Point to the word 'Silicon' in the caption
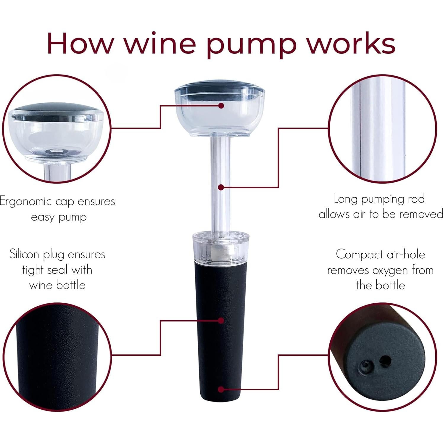pyautogui.click(x=24, y=254)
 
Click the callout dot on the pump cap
pyautogui.click(x=221, y=106)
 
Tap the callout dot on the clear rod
pyautogui.click(x=221, y=187)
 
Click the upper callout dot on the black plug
pyautogui.click(x=221, y=320)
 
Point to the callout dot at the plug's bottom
pyautogui.click(x=221, y=389)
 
